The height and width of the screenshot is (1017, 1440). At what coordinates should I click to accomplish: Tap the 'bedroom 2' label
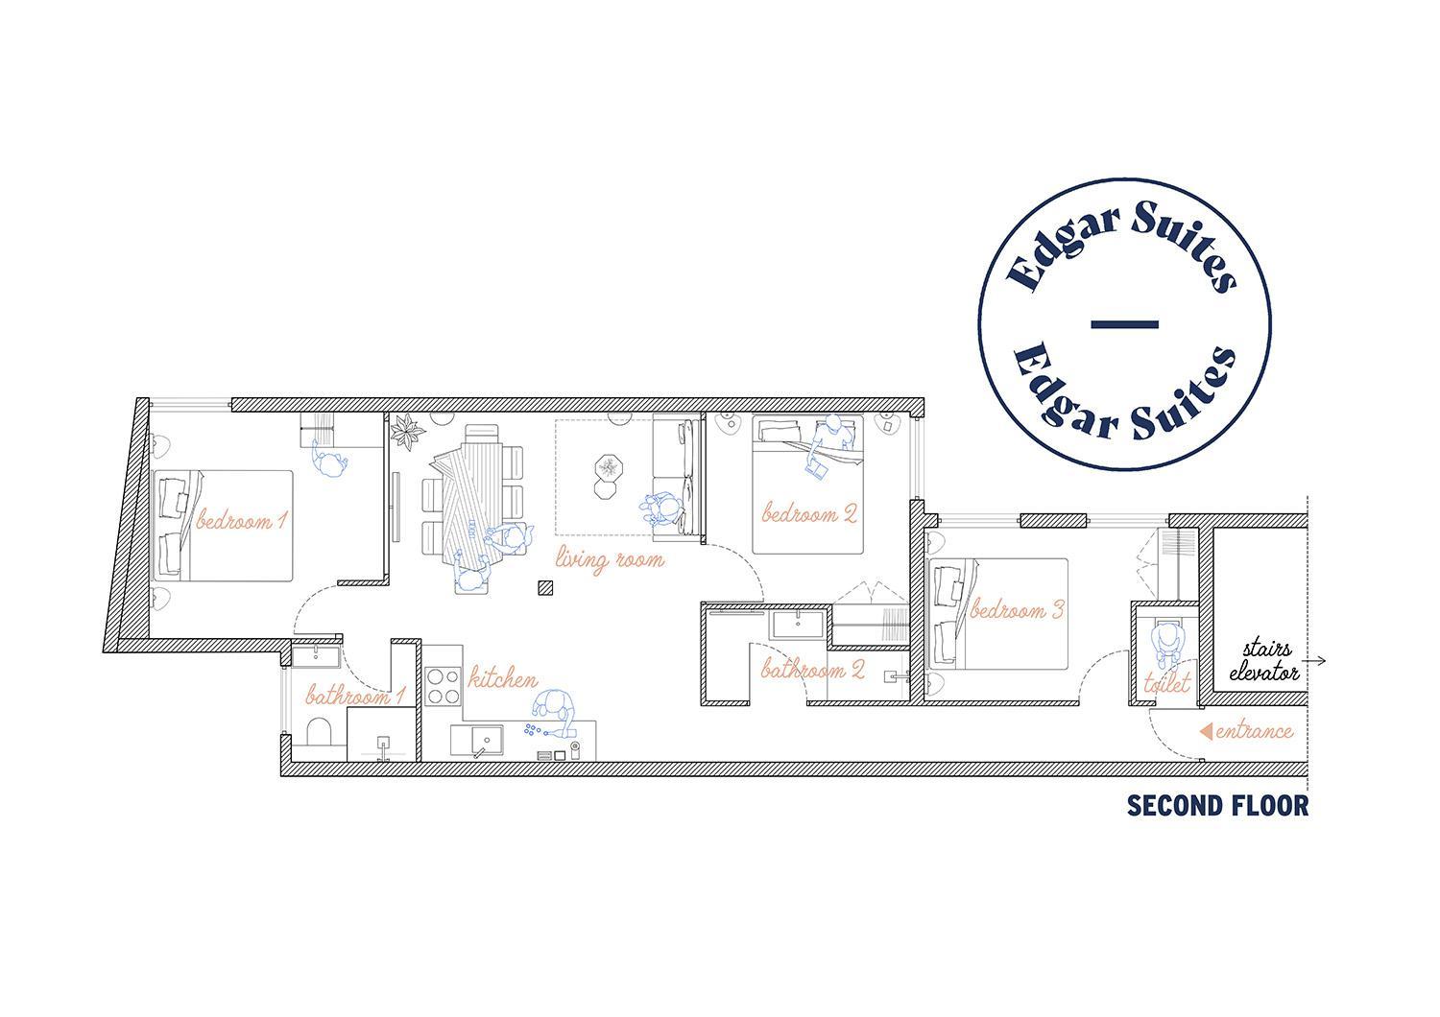tap(809, 512)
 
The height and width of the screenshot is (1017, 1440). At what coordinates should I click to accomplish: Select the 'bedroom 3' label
tap(1017, 609)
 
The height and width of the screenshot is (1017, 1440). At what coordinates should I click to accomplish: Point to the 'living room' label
tap(610, 559)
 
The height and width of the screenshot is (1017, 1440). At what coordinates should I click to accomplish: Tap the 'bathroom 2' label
tap(812, 669)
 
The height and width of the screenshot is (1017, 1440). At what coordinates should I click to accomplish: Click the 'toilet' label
tap(1166, 683)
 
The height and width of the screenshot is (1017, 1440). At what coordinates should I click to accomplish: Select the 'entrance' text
tap(1254, 731)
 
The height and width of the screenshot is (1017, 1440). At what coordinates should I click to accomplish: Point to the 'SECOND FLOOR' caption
tap(1217, 805)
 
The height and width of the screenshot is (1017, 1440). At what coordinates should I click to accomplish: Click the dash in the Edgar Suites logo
tap(1125, 324)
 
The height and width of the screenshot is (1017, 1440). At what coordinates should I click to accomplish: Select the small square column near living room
tap(545, 588)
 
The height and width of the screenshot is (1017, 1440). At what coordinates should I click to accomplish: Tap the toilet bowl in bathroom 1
tap(318, 736)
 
